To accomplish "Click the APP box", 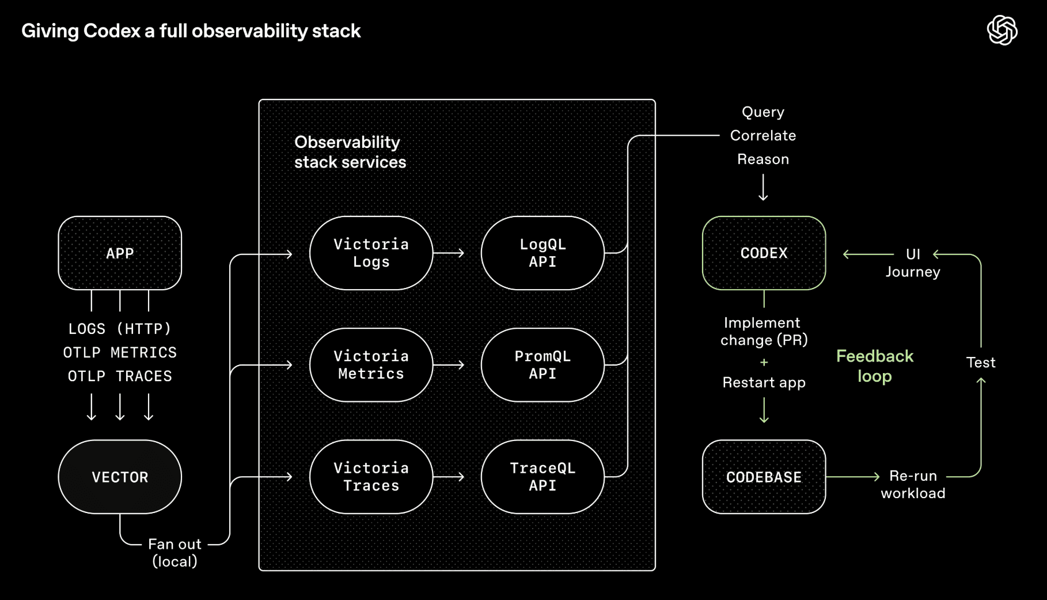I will coord(120,253).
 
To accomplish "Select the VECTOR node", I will coord(120,477).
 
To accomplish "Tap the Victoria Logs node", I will coord(371,253).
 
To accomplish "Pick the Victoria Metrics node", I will coord(371,364).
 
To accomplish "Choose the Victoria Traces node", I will coord(371,477).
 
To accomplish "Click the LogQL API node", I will coord(543,253).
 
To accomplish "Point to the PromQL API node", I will coord(543,364).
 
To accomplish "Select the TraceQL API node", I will coord(543,477).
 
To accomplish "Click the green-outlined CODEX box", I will coord(764,253).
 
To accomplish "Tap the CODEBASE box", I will coord(764,477).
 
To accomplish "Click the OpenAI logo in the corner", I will coord(1002,30).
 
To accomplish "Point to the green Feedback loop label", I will coord(874,366).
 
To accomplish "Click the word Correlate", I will coord(763,135).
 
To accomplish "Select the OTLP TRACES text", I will coord(120,376).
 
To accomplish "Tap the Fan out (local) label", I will coord(174,552).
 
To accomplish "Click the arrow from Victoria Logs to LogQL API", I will coord(449,253).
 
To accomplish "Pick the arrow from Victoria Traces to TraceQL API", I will coord(449,477).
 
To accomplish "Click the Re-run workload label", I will coord(913,484).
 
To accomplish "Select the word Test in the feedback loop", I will coord(980,362).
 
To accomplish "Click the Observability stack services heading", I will coord(350,152).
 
